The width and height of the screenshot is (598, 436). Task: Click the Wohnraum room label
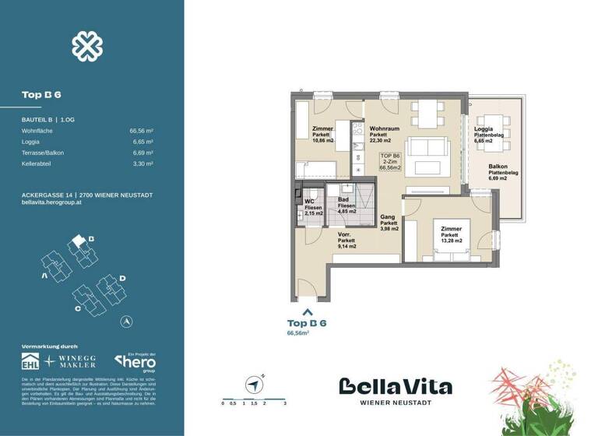click(x=384, y=129)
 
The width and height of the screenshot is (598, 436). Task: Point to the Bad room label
click(x=342, y=200)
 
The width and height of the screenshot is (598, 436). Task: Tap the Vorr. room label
click(x=346, y=236)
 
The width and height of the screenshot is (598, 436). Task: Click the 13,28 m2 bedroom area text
click(x=452, y=241)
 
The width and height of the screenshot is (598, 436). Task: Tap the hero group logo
click(x=135, y=361)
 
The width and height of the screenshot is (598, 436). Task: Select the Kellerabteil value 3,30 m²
click(x=141, y=164)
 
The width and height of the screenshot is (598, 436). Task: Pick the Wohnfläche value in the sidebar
click(x=141, y=132)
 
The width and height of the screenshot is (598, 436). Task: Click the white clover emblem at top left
click(x=87, y=46)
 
